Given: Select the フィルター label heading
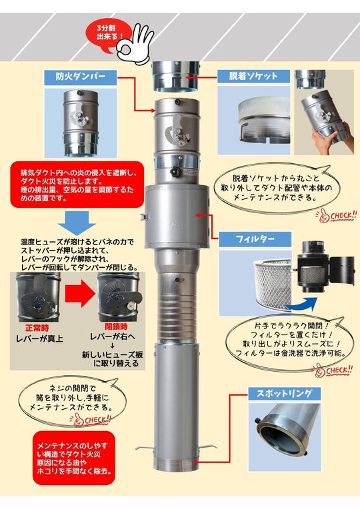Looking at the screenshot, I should (258, 238).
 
